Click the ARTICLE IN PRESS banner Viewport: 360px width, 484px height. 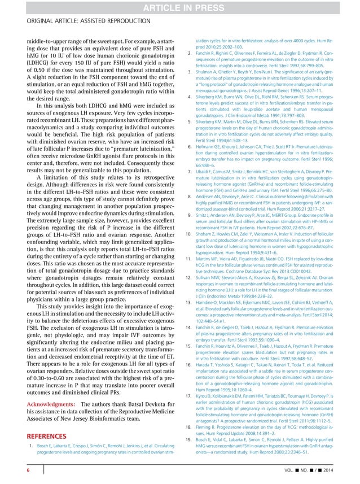point(179,7)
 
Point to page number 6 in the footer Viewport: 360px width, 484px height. point(21,470)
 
